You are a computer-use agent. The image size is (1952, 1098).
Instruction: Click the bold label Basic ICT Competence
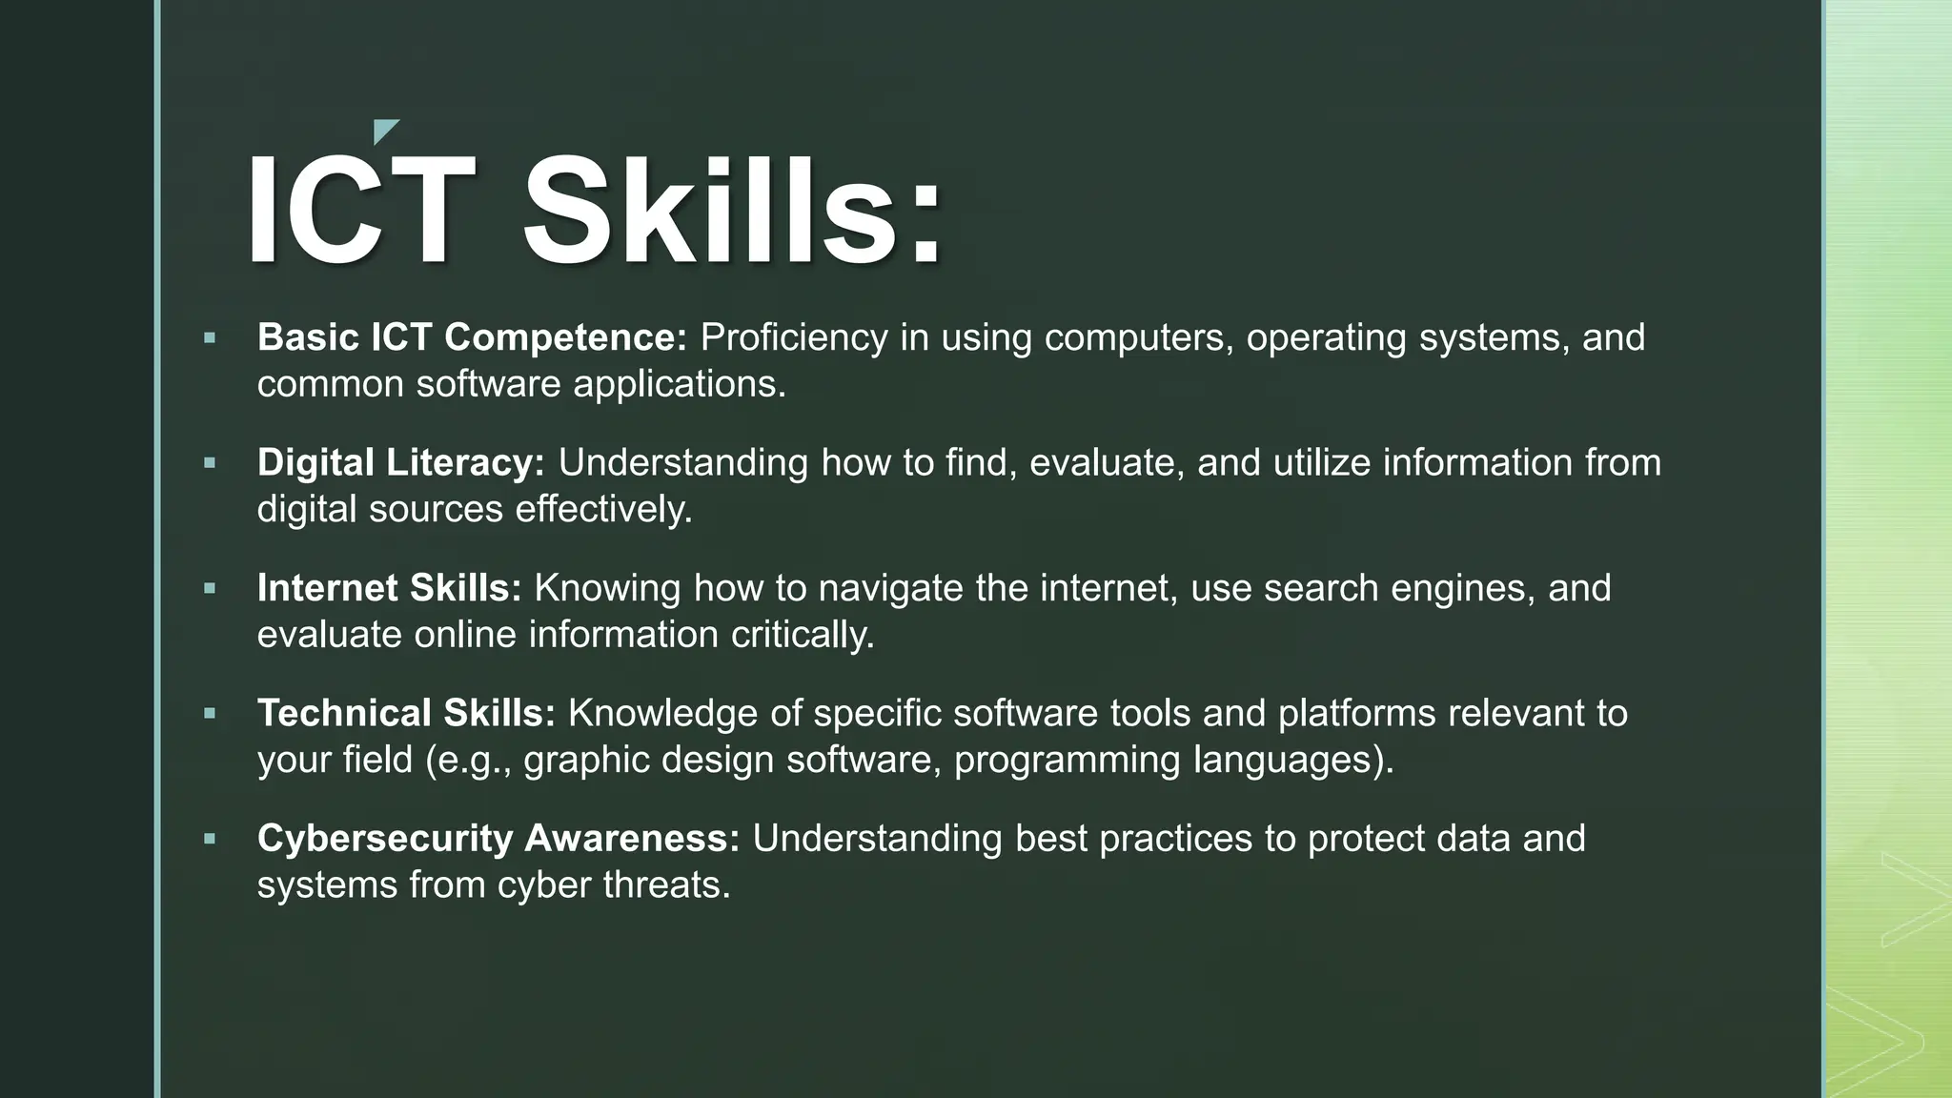472,337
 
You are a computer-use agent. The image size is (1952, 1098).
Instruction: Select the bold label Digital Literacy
400,463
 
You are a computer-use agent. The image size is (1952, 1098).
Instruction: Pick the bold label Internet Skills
389,588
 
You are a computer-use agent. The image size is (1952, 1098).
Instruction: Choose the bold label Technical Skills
406,713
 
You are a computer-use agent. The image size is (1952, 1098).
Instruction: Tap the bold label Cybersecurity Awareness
498,839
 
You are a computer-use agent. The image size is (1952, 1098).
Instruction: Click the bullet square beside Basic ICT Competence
210,337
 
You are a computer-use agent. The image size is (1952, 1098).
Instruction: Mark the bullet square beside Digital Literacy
210,463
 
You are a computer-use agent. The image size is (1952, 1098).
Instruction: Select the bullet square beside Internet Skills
210,588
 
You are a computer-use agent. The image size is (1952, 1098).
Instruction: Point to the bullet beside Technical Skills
210,713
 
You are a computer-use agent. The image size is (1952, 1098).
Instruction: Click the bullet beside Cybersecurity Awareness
210,839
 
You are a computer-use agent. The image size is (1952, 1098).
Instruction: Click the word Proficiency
794,337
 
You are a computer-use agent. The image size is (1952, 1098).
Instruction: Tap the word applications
679,384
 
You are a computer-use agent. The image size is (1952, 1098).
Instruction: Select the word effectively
603,510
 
